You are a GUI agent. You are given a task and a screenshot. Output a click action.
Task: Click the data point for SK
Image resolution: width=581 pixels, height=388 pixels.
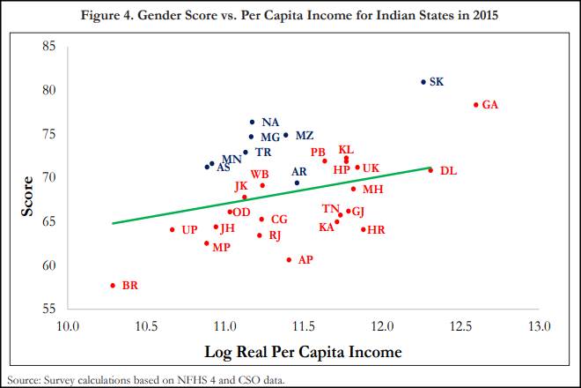(423, 82)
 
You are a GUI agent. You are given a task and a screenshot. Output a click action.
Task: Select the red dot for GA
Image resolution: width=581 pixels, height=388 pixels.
(475, 105)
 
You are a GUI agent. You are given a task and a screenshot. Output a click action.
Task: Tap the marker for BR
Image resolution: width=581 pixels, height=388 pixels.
(113, 286)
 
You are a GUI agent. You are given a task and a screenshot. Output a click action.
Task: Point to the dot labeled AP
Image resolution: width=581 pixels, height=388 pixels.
(289, 260)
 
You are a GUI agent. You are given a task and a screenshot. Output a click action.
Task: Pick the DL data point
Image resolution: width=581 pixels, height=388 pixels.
(430, 170)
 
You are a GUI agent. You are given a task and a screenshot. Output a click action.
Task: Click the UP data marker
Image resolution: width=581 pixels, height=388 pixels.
(173, 230)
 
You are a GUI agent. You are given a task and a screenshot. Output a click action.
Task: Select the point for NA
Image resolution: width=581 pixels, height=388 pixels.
(253, 123)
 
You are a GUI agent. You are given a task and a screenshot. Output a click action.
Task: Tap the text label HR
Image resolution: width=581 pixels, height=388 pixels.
(376, 230)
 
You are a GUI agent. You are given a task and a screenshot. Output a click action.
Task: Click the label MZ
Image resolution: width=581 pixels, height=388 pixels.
(304, 136)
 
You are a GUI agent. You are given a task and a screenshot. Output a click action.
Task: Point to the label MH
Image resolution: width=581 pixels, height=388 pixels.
(372, 190)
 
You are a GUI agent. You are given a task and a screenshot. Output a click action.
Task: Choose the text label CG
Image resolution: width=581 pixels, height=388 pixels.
(279, 220)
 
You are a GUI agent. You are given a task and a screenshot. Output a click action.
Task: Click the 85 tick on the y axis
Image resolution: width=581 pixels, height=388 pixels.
(50, 47)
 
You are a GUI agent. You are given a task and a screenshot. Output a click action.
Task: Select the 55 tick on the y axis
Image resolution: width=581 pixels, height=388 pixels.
(50, 309)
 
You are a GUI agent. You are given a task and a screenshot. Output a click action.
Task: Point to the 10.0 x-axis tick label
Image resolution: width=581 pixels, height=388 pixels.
(68, 326)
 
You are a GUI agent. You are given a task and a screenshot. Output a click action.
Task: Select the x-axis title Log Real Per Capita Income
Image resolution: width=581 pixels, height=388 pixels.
(303, 352)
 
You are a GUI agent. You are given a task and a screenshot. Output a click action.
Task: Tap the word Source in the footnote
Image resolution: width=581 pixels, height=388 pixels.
(19, 380)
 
